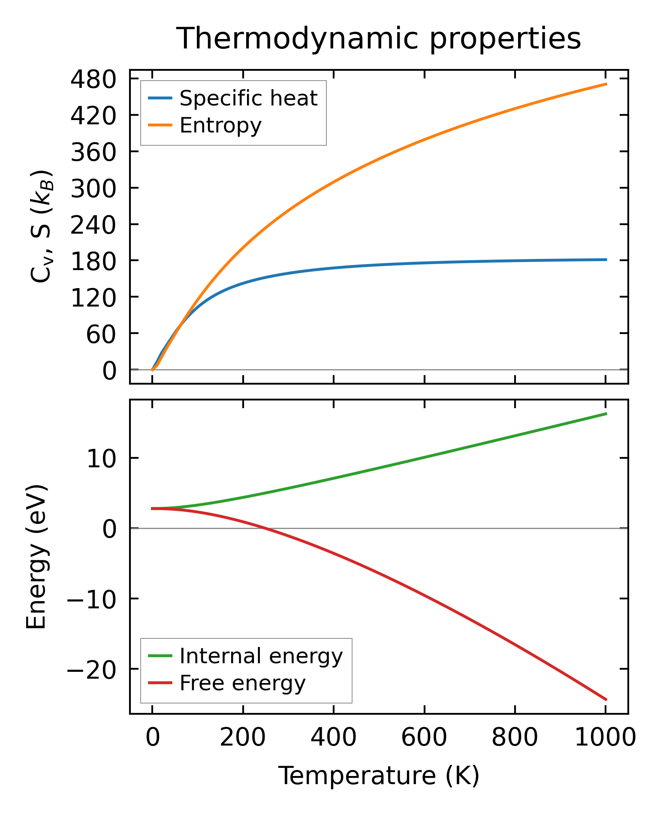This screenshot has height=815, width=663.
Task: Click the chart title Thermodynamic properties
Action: click(x=379, y=39)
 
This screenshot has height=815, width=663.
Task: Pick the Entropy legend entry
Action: click(x=220, y=126)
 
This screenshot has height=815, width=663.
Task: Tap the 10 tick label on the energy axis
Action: click(x=101, y=459)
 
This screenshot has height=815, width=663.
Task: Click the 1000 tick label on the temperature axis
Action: click(x=605, y=738)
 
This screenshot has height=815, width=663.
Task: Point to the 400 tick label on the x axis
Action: click(x=333, y=738)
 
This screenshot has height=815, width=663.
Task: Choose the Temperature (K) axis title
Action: click(x=379, y=776)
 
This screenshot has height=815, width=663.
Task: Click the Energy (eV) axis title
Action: click(x=36, y=557)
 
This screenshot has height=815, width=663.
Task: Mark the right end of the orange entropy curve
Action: click(x=606, y=84)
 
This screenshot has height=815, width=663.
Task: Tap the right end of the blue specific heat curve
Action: click(x=606, y=259)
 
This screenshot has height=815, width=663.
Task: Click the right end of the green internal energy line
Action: click(x=606, y=414)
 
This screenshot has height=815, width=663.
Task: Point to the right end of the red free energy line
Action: click(x=606, y=700)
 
